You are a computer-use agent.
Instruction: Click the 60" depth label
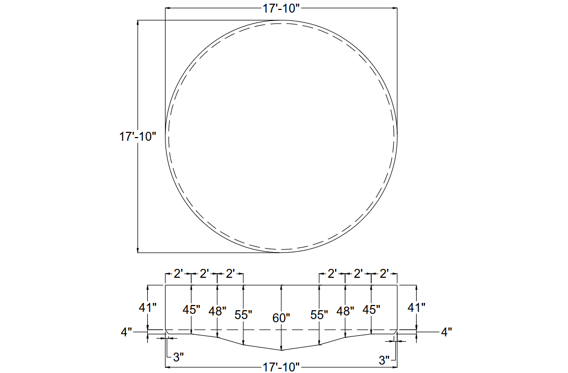click(x=281, y=318)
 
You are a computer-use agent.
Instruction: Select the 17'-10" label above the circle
click(x=281, y=8)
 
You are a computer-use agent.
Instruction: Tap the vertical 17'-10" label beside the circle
click(x=138, y=137)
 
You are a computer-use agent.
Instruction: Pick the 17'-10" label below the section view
click(x=281, y=367)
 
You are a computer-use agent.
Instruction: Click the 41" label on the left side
click(x=148, y=308)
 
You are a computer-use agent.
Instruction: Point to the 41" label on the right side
click(x=416, y=308)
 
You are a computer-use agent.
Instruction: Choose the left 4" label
click(x=126, y=332)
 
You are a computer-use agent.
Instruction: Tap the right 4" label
click(x=446, y=332)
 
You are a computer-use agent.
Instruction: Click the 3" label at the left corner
click(x=178, y=357)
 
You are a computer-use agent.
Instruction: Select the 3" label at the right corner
click(x=384, y=360)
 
